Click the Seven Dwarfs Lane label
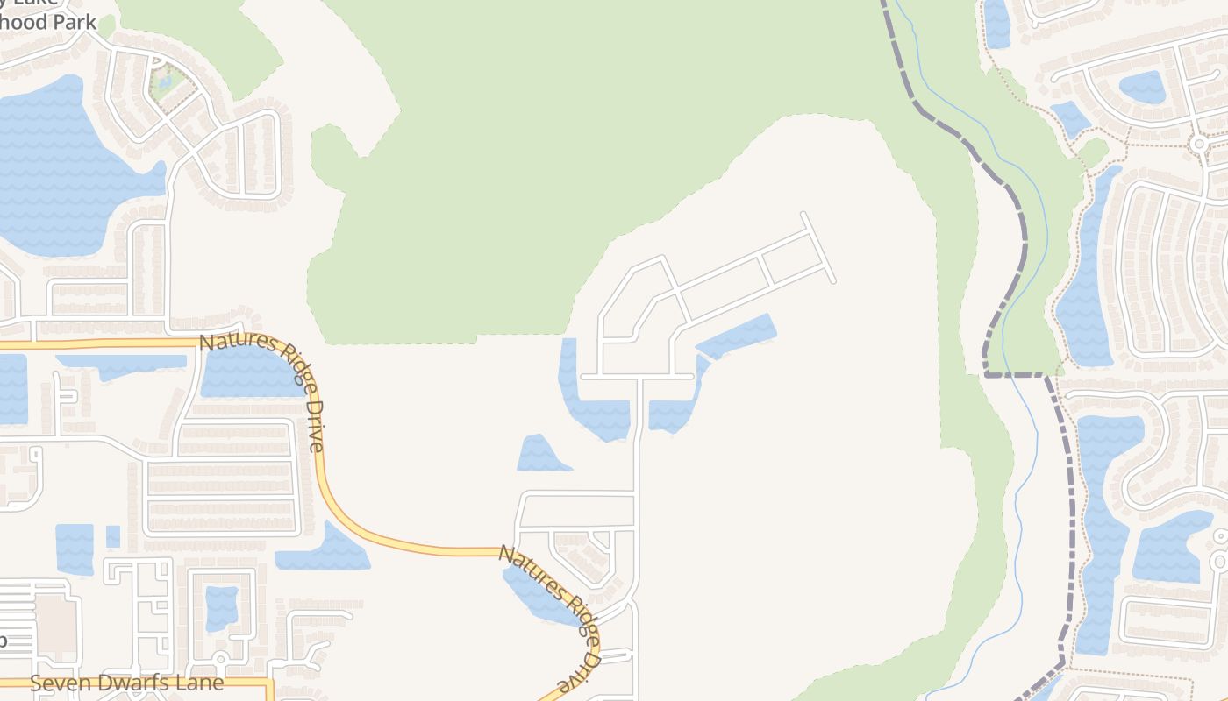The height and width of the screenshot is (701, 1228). (x=126, y=683)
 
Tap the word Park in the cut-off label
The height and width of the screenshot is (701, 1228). (x=74, y=21)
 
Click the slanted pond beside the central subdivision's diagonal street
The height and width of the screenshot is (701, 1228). (x=738, y=336)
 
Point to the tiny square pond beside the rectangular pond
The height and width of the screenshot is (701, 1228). (x=112, y=536)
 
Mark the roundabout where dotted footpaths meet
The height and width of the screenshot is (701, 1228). (x=1198, y=143)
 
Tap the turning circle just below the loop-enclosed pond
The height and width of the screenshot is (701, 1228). (x=221, y=657)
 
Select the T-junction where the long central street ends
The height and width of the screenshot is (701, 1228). (x=639, y=377)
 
